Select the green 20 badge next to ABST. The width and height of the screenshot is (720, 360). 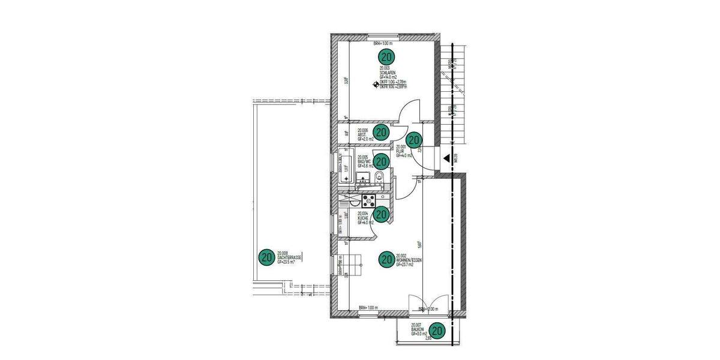point(381,131)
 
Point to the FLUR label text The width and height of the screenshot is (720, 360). point(400,151)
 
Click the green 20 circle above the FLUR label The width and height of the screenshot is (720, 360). point(415,139)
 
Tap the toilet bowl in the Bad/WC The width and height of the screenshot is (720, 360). point(379,176)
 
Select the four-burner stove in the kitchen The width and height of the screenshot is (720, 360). point(367,199)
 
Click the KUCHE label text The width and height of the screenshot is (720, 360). point(363,218)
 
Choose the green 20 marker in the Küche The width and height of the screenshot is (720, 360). point(381,213)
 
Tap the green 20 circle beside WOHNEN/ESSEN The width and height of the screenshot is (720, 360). point(387,259)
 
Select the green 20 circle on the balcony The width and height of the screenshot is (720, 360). point(438,330)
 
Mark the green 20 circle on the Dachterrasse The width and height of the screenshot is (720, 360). point(266,257)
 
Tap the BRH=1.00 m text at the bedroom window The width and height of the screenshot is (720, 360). point(382,43)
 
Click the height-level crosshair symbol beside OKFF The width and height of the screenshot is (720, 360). point(376,85)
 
